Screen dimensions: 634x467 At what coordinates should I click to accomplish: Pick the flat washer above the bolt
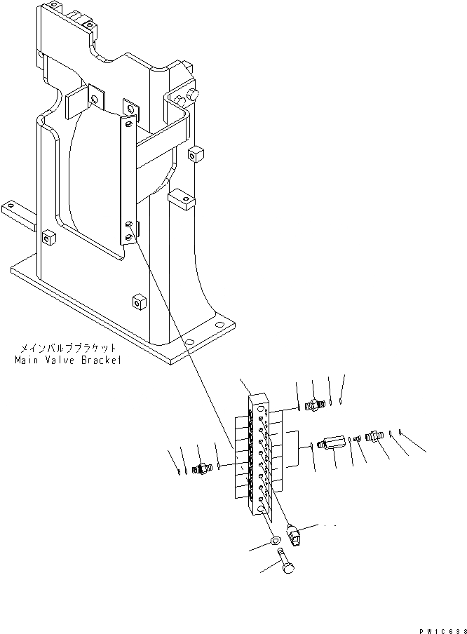pyautogui.click(x=276, y=540)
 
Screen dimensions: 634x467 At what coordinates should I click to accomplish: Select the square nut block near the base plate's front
pyautogui.click(x=137, y=302)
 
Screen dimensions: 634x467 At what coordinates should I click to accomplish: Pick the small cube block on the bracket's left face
pyautogui.click(x=48, y=238)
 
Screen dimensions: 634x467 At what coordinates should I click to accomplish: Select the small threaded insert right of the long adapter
pyautogui.click(x=356, y=440)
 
